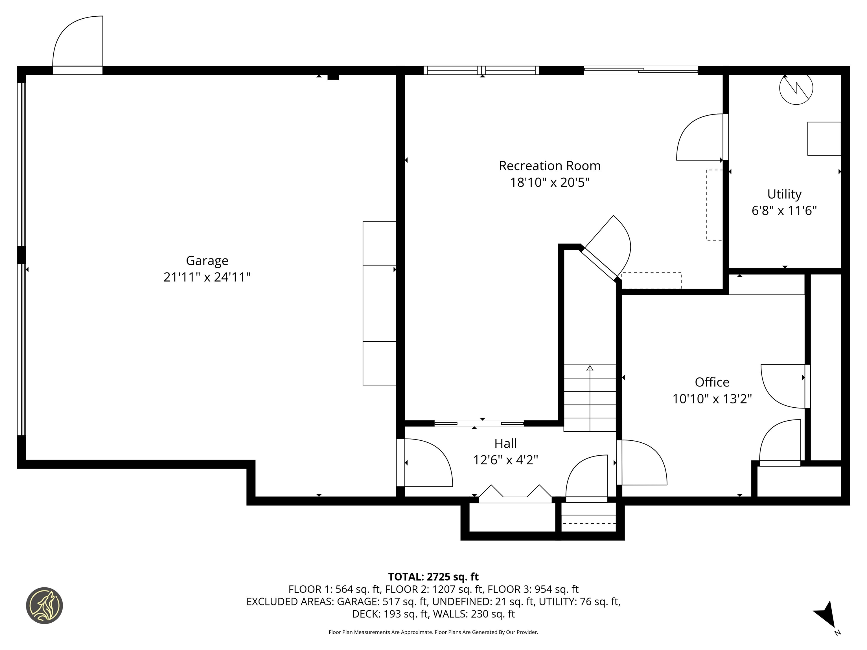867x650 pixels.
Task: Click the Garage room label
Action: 207,261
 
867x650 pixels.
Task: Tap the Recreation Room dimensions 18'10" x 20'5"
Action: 549,183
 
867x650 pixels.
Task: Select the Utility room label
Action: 784,194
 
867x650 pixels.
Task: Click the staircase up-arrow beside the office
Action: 590,368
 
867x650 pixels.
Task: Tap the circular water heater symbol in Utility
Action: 796,88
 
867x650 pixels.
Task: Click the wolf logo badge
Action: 44,605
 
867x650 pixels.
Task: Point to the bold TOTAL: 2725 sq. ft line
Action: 433,577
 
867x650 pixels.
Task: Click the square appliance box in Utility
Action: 824,139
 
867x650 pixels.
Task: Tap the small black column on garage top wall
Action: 333,77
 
